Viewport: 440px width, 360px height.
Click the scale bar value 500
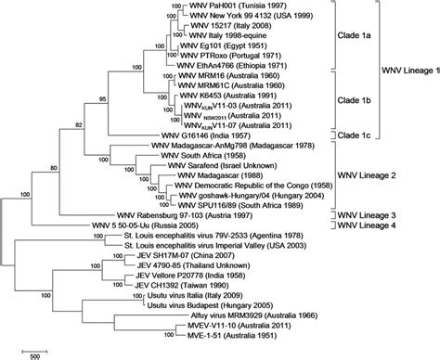click(31, 354)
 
